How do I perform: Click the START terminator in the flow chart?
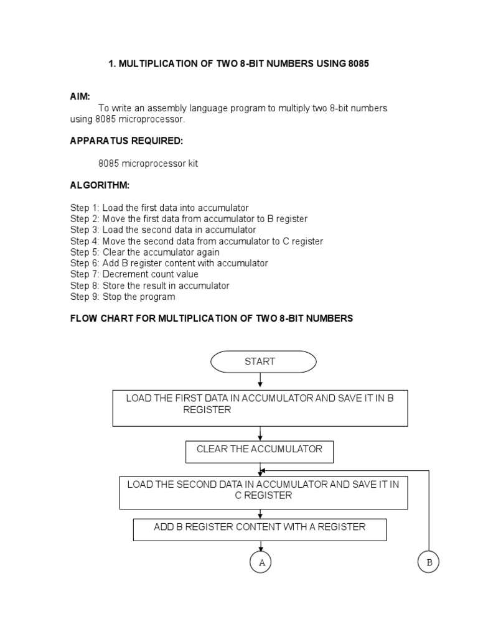pyautogui.click(x=260, y=361)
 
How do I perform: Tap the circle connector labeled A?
pyautogui.click(x=261, y=562)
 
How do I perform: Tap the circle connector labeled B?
pyautogui.click(x=428, y=562)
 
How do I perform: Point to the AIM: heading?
pyautogui.click(x=80, y=96)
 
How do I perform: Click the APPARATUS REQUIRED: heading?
pyautogui.click(x=126, y=141)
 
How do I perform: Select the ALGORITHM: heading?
pyautogui.click(x=100, y=185)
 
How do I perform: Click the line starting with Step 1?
pyautogui.click(x=159, y=208)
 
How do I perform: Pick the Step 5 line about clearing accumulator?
pyautogui.click(x=144, y=253)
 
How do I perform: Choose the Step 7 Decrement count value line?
pyautogui.click(x=134, y=274)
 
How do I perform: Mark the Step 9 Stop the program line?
pyautogui.click(x=123, y=297)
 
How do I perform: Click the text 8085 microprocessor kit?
pyautogui.click(x=148, y=164)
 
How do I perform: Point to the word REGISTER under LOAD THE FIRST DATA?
pyautogui.click(x=207, y=410)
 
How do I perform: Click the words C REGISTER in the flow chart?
pyautogui.click(x=263, y=496)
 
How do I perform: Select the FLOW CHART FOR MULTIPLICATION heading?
pyautogui.click(x=212, y=318)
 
